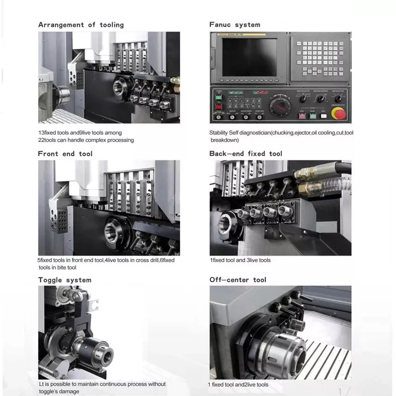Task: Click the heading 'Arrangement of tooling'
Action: [81, 25]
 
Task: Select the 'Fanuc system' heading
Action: [234, 25]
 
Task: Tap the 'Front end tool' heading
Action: [65, 154]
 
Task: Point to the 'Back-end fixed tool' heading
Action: [246, 154]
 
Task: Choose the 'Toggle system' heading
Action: [64, 280]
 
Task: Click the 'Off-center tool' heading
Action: [238, 280]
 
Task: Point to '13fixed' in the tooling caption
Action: [49, 133]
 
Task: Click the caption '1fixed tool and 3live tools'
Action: [240, 260]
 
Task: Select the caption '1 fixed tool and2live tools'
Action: [238, 384]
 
